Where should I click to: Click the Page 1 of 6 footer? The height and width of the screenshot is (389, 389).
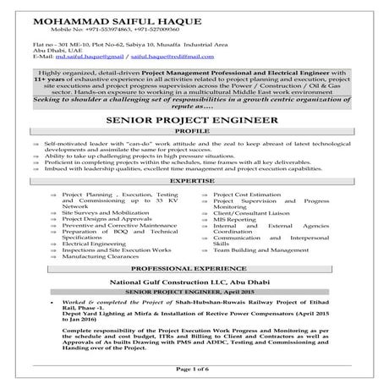[x=194, y=370]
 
